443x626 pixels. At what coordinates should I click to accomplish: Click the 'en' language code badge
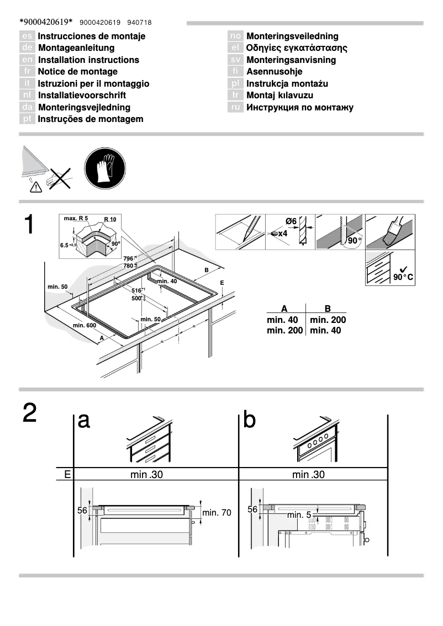[x=28, y=60]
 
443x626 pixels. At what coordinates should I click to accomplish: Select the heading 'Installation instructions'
[x=88, y=60]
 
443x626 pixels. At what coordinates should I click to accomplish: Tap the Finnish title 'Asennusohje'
[x=275, y=72]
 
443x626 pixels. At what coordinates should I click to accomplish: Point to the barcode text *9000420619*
[x=46, y=22]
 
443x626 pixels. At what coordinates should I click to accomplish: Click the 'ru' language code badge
[x=236, y=108]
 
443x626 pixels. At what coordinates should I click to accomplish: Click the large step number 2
[x=30, y=413]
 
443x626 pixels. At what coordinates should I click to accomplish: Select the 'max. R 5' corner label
[x=76, y=219]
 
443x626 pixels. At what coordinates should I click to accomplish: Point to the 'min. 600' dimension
[x=84, y=325]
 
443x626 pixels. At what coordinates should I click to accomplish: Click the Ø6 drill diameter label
[x=291, y=221]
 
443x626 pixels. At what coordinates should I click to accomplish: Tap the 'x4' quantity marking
[x=282, y=234]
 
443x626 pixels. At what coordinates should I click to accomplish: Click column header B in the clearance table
[x=328, y=309]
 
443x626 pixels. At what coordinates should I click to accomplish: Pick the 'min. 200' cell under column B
[x=328, y=320]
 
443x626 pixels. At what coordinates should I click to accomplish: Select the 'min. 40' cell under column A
[x=282, y=320]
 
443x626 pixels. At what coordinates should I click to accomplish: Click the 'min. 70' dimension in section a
[x=217, y=513]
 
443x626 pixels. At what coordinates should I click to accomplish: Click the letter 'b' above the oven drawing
[x=250, y=420]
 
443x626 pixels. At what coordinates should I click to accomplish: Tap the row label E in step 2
[x=67, y=474]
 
